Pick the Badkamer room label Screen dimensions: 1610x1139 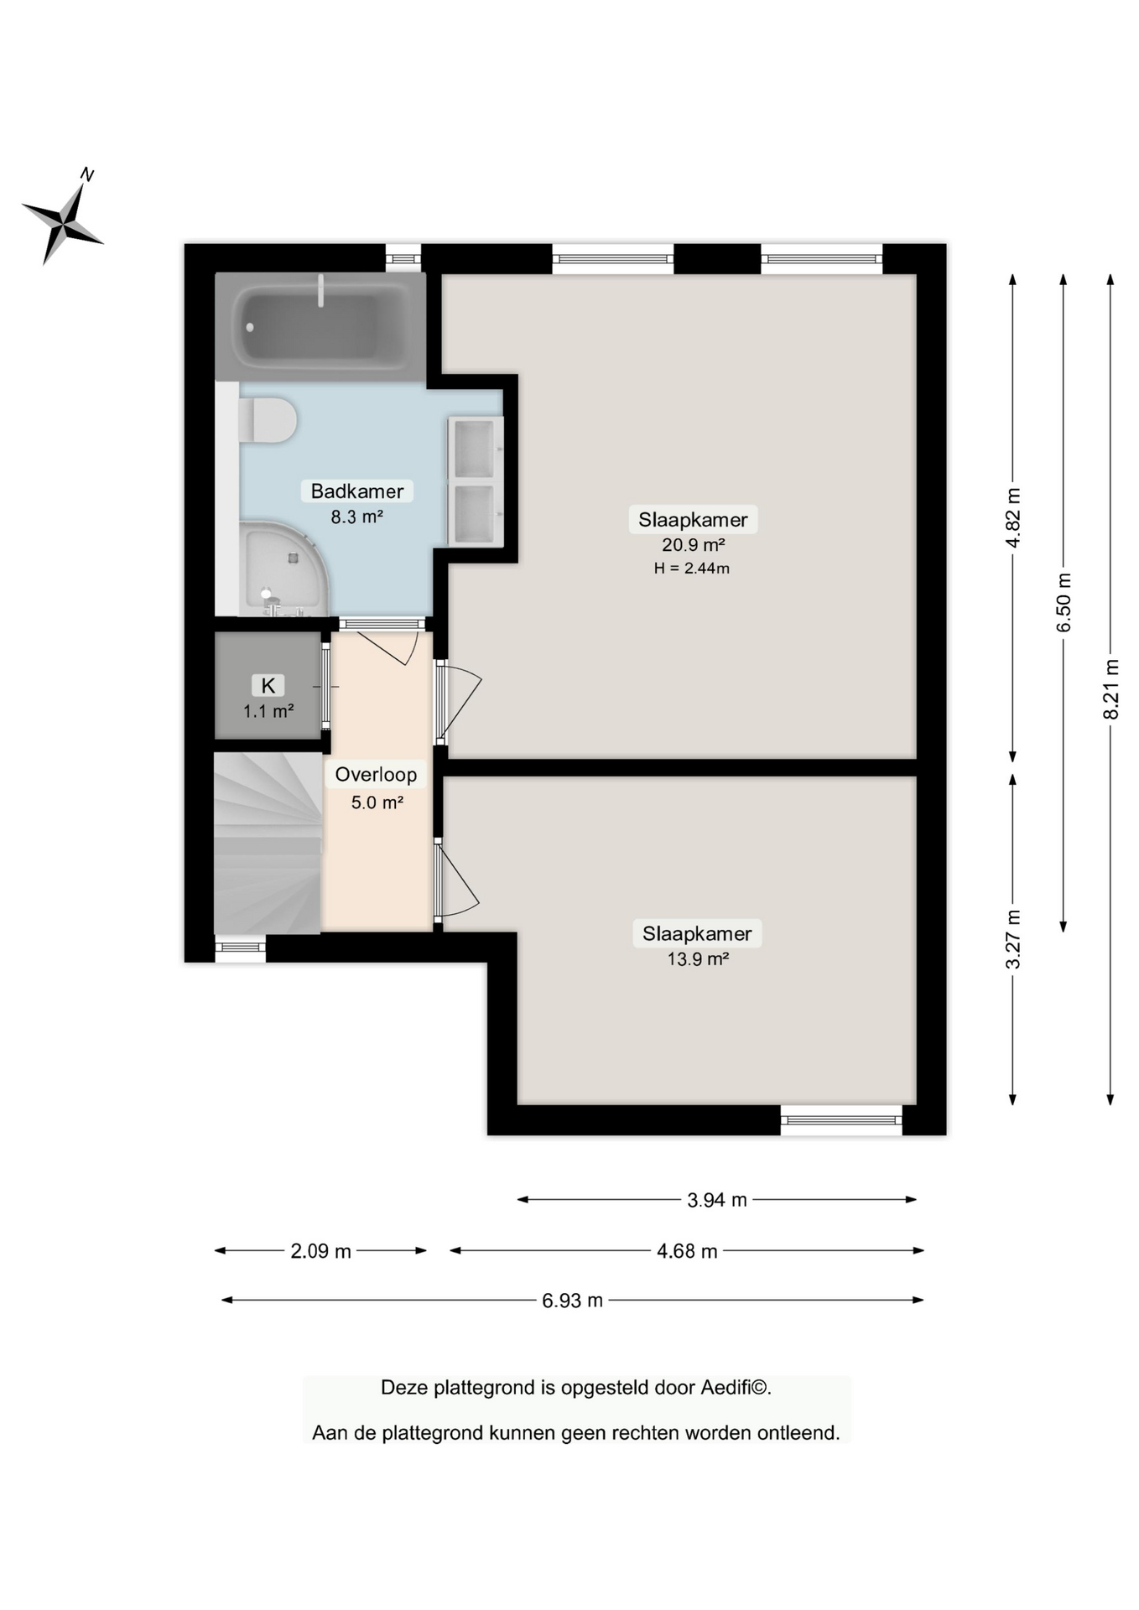[x=357, y=491]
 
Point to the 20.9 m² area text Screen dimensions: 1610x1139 [x=693, y=544]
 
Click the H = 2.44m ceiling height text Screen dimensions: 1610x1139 [x=691, y=569]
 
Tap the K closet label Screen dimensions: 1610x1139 [x=268, y=685]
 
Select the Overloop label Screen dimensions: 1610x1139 [x=376, y=775]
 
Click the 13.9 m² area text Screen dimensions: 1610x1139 [x=697, y=959]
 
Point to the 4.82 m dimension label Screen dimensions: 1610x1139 [x=1013, y=517]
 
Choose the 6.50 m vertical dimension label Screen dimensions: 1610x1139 [x=1064, y=603]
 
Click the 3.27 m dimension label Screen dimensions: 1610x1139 [x=1013, y=939]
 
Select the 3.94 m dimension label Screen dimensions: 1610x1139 [x=716, y=1200]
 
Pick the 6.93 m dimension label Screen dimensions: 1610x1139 [x=572, y=1301]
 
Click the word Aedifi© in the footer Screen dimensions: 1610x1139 [x=736, y=1388]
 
